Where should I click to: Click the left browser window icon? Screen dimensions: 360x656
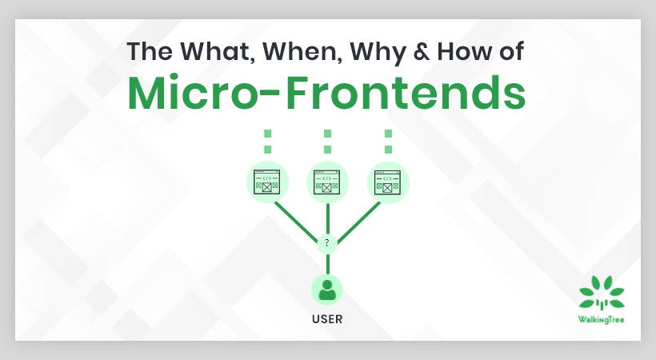click(266, 182)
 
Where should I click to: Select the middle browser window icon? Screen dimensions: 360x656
click(327, 182)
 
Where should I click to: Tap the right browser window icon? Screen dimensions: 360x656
click(388, 182)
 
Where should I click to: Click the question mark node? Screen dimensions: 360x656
click(327, 242)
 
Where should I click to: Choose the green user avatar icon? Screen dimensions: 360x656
click(327, 289)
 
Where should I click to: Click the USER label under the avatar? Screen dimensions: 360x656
click(327, 319)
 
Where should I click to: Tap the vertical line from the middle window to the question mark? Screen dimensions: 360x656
click(327, 218)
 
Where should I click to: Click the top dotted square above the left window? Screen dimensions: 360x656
click(267, 134)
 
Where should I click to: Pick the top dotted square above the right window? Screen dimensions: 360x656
click(388, 134)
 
